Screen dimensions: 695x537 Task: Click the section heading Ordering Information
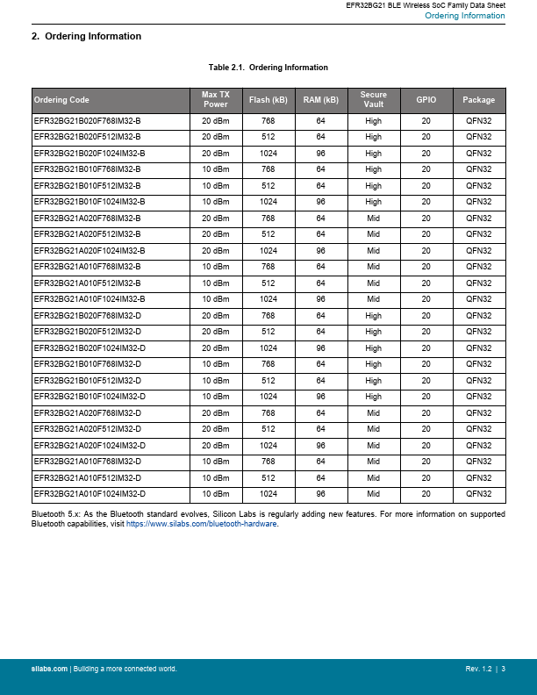pos(86,37)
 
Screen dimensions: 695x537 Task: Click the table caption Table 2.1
pos(268,68)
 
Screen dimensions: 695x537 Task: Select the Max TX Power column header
pos(215,99)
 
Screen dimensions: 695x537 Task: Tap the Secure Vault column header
pos(374,99)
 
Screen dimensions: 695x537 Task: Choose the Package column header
pos(478,100)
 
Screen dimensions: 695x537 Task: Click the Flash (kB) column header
pos(268,100)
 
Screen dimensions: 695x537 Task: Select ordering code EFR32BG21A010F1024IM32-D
pos(89,494)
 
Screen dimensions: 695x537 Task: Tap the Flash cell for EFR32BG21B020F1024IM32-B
pos(268,153)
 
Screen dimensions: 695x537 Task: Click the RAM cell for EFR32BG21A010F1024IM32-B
pos(320,299)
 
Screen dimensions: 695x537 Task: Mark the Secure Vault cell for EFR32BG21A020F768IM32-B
pos(374,218)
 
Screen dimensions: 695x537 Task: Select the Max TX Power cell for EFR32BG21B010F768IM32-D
pos(215,364)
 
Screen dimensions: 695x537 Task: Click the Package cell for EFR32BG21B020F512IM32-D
pos(478,332)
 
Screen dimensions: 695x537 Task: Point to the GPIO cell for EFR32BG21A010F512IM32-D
pos(426,477)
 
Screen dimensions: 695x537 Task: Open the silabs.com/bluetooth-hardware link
pos(202,523)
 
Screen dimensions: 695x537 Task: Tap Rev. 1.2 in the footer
pos(479,670)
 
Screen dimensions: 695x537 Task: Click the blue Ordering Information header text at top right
pos(464,16)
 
